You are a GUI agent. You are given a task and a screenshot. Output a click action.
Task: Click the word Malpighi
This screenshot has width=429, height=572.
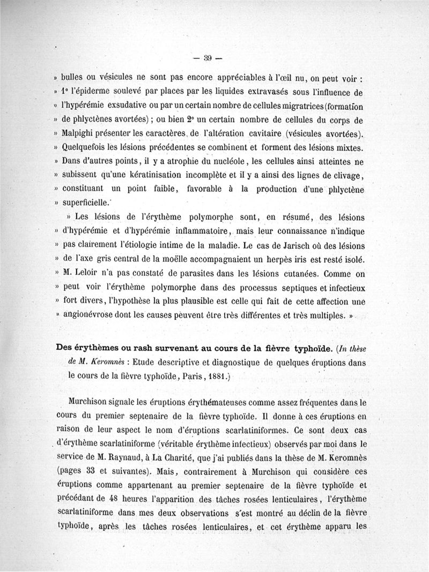[x=80, y=133]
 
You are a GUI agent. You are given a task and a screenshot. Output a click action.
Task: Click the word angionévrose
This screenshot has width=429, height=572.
[x=92, y=315]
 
